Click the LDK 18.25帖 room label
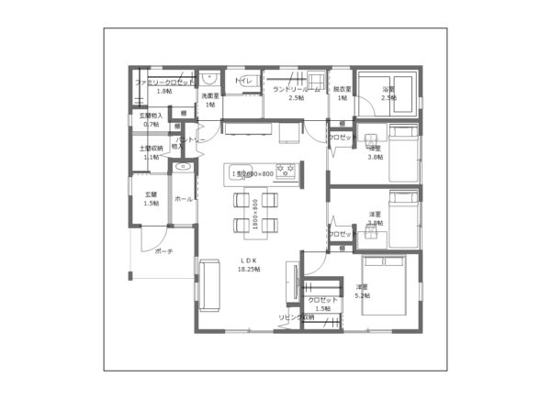point(249,265)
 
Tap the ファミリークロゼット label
point(164,83)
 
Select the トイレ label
point(244,83)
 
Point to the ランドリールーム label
point(297,89)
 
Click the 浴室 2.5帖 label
point(388,93)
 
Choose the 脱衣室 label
point(342,93)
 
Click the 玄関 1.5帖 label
point(152,198)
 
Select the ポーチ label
point(163,250)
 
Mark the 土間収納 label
point(152,151)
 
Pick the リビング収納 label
point(297,317)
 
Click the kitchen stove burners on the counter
point(286,171)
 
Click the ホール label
point(183,198)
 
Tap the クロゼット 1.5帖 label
point(322,304)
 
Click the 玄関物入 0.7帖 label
point(152,119)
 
